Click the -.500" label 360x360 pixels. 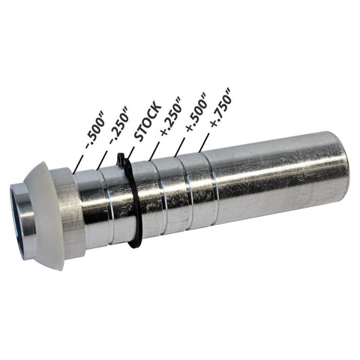[95, 132]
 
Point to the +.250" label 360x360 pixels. [171, 115]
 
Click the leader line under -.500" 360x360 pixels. [78, 163]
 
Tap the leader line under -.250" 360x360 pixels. [102, 160]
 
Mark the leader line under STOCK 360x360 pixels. [130, 153]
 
